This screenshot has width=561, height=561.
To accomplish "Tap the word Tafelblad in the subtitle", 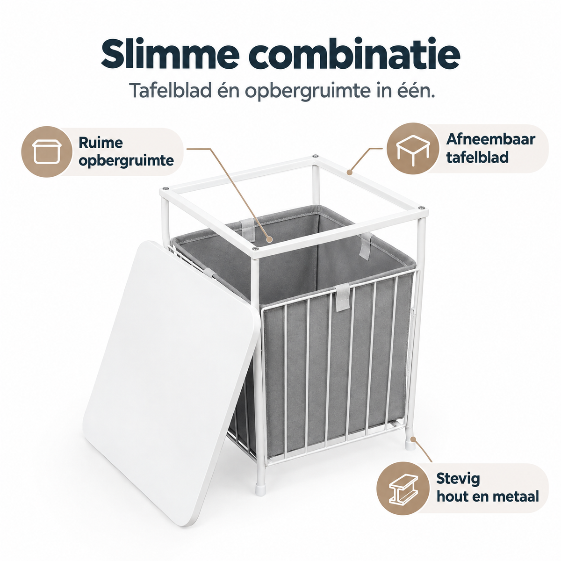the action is coord(170,90).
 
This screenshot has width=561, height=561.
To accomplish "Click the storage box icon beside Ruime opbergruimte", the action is coord(47,151).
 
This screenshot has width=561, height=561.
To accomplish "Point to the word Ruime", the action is coord(101,143).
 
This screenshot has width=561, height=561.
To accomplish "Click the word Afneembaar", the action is coord(490,139).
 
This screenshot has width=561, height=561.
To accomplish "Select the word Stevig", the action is coord(458,479).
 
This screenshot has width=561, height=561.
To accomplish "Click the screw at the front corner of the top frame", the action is coord(255,248).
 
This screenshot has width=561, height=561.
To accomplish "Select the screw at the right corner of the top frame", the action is coord(421,208).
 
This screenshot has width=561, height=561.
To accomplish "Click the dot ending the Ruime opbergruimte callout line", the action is coord(270,239).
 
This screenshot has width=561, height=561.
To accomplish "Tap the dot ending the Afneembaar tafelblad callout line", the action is coord(350,173).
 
